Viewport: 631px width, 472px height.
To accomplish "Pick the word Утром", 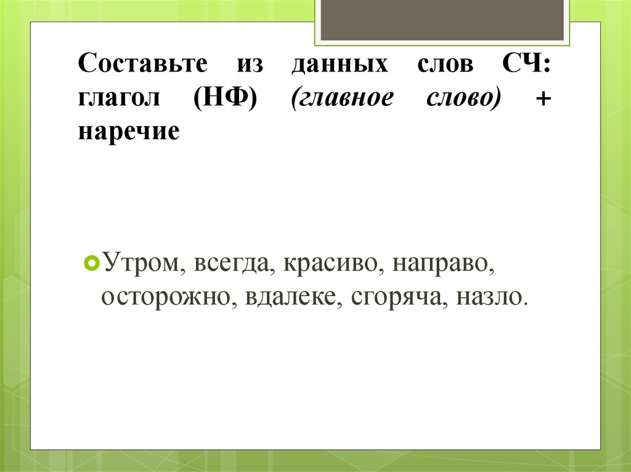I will pyautogui.click(x=142, y=264).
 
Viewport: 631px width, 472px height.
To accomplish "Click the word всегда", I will pyautogui.click(x=234, y=265).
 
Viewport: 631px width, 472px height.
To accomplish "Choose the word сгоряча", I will pyautogui.click(x=399, y=297).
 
